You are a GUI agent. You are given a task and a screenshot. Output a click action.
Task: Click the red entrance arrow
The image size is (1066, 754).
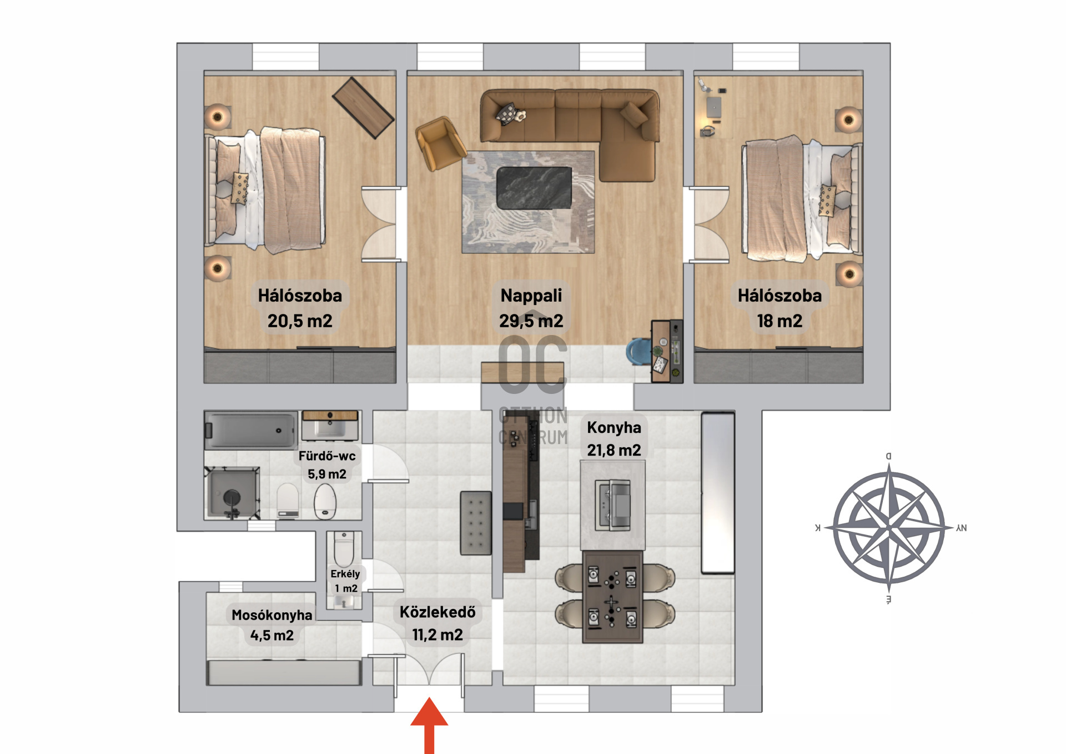(x=429, y=725)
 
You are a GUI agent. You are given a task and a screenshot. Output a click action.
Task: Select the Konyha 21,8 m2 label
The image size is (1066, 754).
(x=614, y=438)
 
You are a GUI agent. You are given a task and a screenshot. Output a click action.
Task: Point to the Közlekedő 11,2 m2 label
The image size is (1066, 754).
(x=438, y=623)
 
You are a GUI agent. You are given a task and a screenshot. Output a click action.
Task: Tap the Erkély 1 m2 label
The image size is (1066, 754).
(x=345, y=581)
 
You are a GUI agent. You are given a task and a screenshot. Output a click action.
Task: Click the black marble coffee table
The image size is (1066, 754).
(x=534, y=188)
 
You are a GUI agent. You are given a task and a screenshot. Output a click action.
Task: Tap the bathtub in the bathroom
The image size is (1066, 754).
(x=250, y=430)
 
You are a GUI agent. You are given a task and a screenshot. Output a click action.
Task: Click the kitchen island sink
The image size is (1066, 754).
(x=612, y=505)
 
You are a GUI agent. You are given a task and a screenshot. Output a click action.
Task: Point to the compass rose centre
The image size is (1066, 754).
(x=889, y=527)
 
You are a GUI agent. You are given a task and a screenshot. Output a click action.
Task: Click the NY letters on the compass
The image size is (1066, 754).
(x=962, y=528)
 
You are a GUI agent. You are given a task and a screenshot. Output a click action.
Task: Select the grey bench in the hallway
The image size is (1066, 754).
(x=476, y=523)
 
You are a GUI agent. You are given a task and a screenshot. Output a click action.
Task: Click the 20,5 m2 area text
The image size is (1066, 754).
(x=300, y=321)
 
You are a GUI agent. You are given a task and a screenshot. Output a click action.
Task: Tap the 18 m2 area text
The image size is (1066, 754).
(x=780, y=321)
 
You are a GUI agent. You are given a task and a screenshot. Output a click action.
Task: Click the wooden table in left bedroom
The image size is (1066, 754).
(x=363, y=107)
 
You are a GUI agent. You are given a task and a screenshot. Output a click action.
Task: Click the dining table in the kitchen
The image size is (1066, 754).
(x=612, y=597)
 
